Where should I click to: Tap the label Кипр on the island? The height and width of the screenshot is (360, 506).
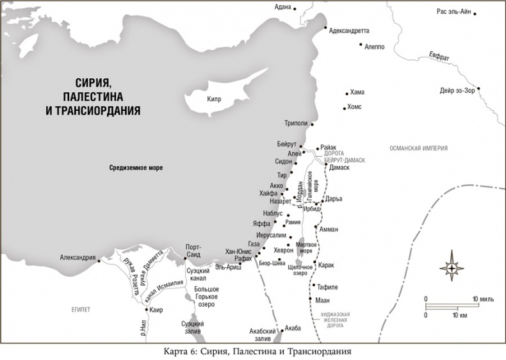(213, 99)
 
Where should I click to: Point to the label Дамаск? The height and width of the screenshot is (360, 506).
(339, 167)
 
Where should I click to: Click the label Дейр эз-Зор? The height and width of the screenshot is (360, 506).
(457, 90)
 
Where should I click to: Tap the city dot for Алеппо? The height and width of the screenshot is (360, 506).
(361, 45)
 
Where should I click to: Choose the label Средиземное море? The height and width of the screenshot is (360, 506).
(135, 168)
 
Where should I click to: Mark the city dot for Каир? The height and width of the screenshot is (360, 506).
(147, 310)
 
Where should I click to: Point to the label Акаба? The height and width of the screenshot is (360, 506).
(293, 327)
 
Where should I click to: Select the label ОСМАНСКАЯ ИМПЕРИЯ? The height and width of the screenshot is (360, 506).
(418, 148)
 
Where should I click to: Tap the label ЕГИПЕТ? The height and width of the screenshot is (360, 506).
(81, 309)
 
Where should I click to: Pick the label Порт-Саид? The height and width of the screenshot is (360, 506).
(193, 251)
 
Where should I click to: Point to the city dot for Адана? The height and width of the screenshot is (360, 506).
(296, 7)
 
